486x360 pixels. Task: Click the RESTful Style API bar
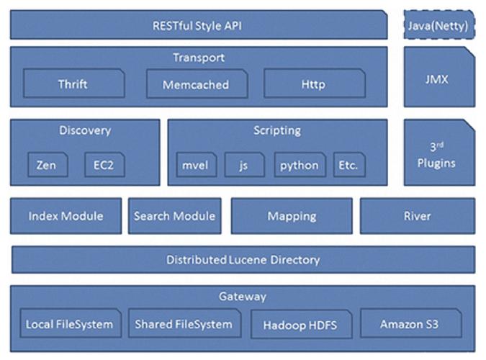click(x=198, y=25)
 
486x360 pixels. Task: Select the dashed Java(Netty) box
click(x=438, y=25)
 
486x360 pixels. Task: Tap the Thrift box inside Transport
click(x=73, y=84)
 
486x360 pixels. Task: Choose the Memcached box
click(x=195, y=84)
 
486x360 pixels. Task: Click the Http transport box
click(x=313, y=84)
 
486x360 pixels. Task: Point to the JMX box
click(x=438, y=78)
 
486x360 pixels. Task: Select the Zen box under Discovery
click(x=47, y=165)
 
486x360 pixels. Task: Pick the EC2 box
click(x=104, y=165)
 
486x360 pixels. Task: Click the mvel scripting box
click(x=196, y=165)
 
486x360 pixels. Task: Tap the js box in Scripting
click(x=244, y=165)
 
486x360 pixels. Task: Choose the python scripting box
click(x=300, y=165)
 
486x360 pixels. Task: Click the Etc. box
click(x=348, y=165)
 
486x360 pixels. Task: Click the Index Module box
click(x=66, y=216)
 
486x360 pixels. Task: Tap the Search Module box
click(x=174, y=216)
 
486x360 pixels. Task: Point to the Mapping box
click(x=292, y=216)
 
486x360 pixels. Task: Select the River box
click(x=417, y=216)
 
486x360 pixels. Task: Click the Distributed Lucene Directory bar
click(x=243, y=259)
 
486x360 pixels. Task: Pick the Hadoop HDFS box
click(x=300, y=325)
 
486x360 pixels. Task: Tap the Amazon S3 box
click(x=417, y=324)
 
